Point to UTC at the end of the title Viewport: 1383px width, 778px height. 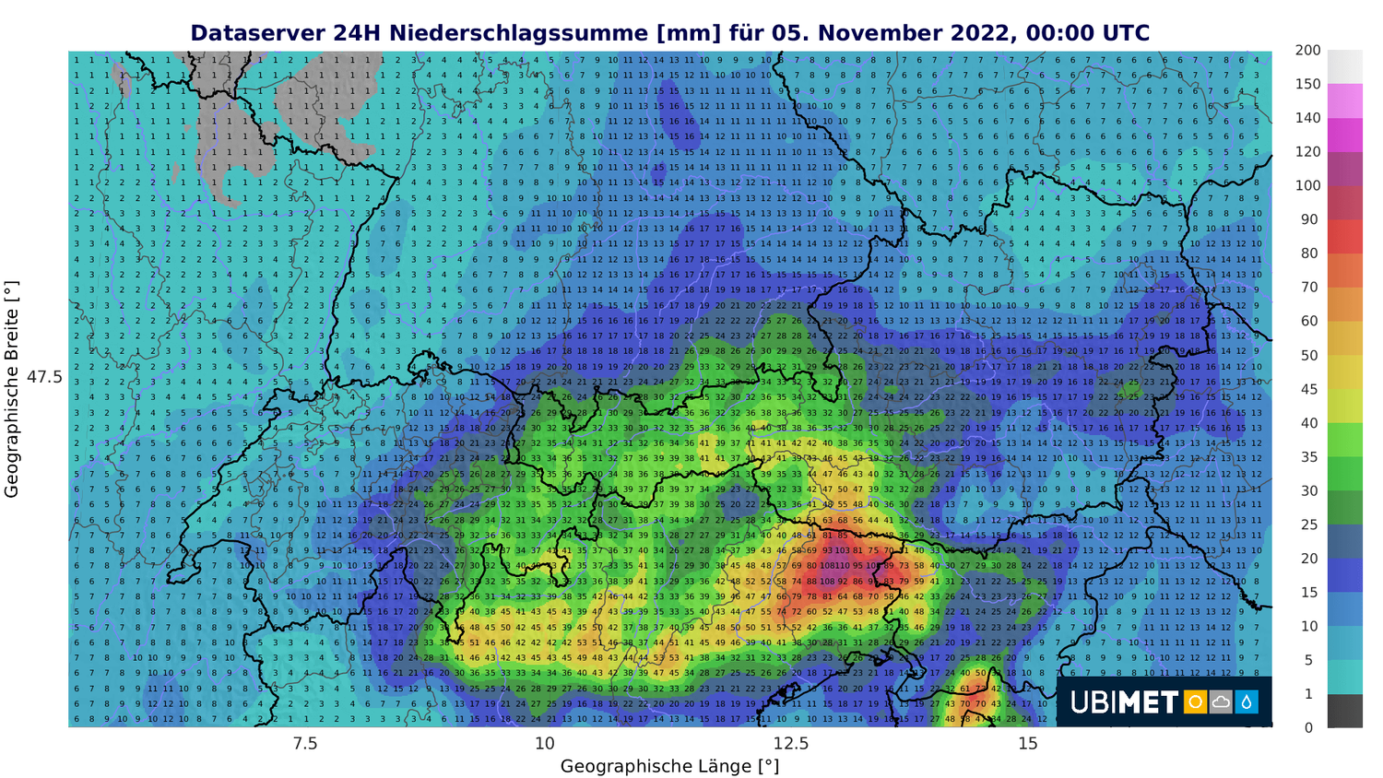1124,34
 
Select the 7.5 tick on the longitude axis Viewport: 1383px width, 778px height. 304,744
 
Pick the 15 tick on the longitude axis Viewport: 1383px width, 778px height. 1028,744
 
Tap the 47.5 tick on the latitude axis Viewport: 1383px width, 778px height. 44,377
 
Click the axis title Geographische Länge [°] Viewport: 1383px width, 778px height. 669,767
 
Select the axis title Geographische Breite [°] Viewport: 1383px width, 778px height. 12,389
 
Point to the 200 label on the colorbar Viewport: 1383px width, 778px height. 1307,51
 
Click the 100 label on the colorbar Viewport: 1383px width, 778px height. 1307,185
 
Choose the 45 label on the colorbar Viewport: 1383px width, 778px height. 1309,389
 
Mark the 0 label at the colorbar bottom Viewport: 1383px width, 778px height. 1307,727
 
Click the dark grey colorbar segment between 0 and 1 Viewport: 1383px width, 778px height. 1345,711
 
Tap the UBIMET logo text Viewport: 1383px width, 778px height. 1124,702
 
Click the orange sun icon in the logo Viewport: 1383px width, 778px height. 1195,702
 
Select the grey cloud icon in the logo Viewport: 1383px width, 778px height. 1221,702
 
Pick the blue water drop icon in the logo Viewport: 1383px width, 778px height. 1247,702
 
